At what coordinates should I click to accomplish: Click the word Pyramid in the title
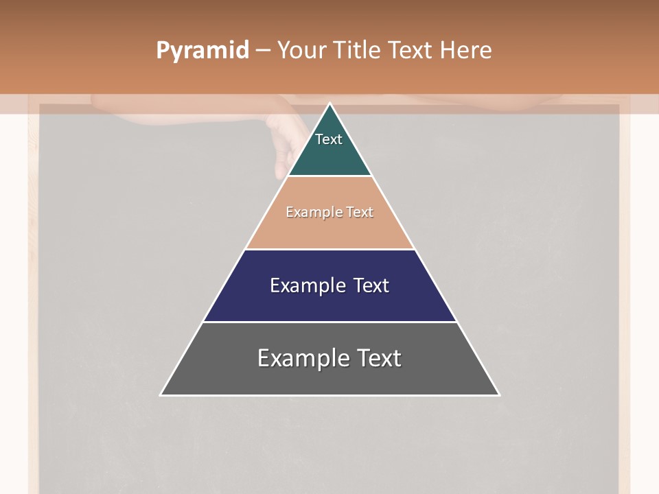click(x=203, y=51)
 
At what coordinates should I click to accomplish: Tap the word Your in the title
click(x=302, y=51)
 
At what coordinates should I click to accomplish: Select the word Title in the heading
click(x=358, y=51)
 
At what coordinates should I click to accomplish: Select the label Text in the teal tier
click(x=329, y=139)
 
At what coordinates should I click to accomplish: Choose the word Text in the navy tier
click(x=371, y=285)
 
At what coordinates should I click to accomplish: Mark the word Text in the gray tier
click(x=380, y=358)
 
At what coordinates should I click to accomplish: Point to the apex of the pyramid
click(x=329, y=104)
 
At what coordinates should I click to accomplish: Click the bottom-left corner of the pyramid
click(x=161, y=394)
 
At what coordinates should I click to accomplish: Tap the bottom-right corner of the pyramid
click(x=498, y=394)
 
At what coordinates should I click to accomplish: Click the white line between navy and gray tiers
click(x=329, y=322)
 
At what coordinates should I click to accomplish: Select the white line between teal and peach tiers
click(x=329, y=176)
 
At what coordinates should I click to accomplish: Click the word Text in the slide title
click(x=411, y=51)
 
